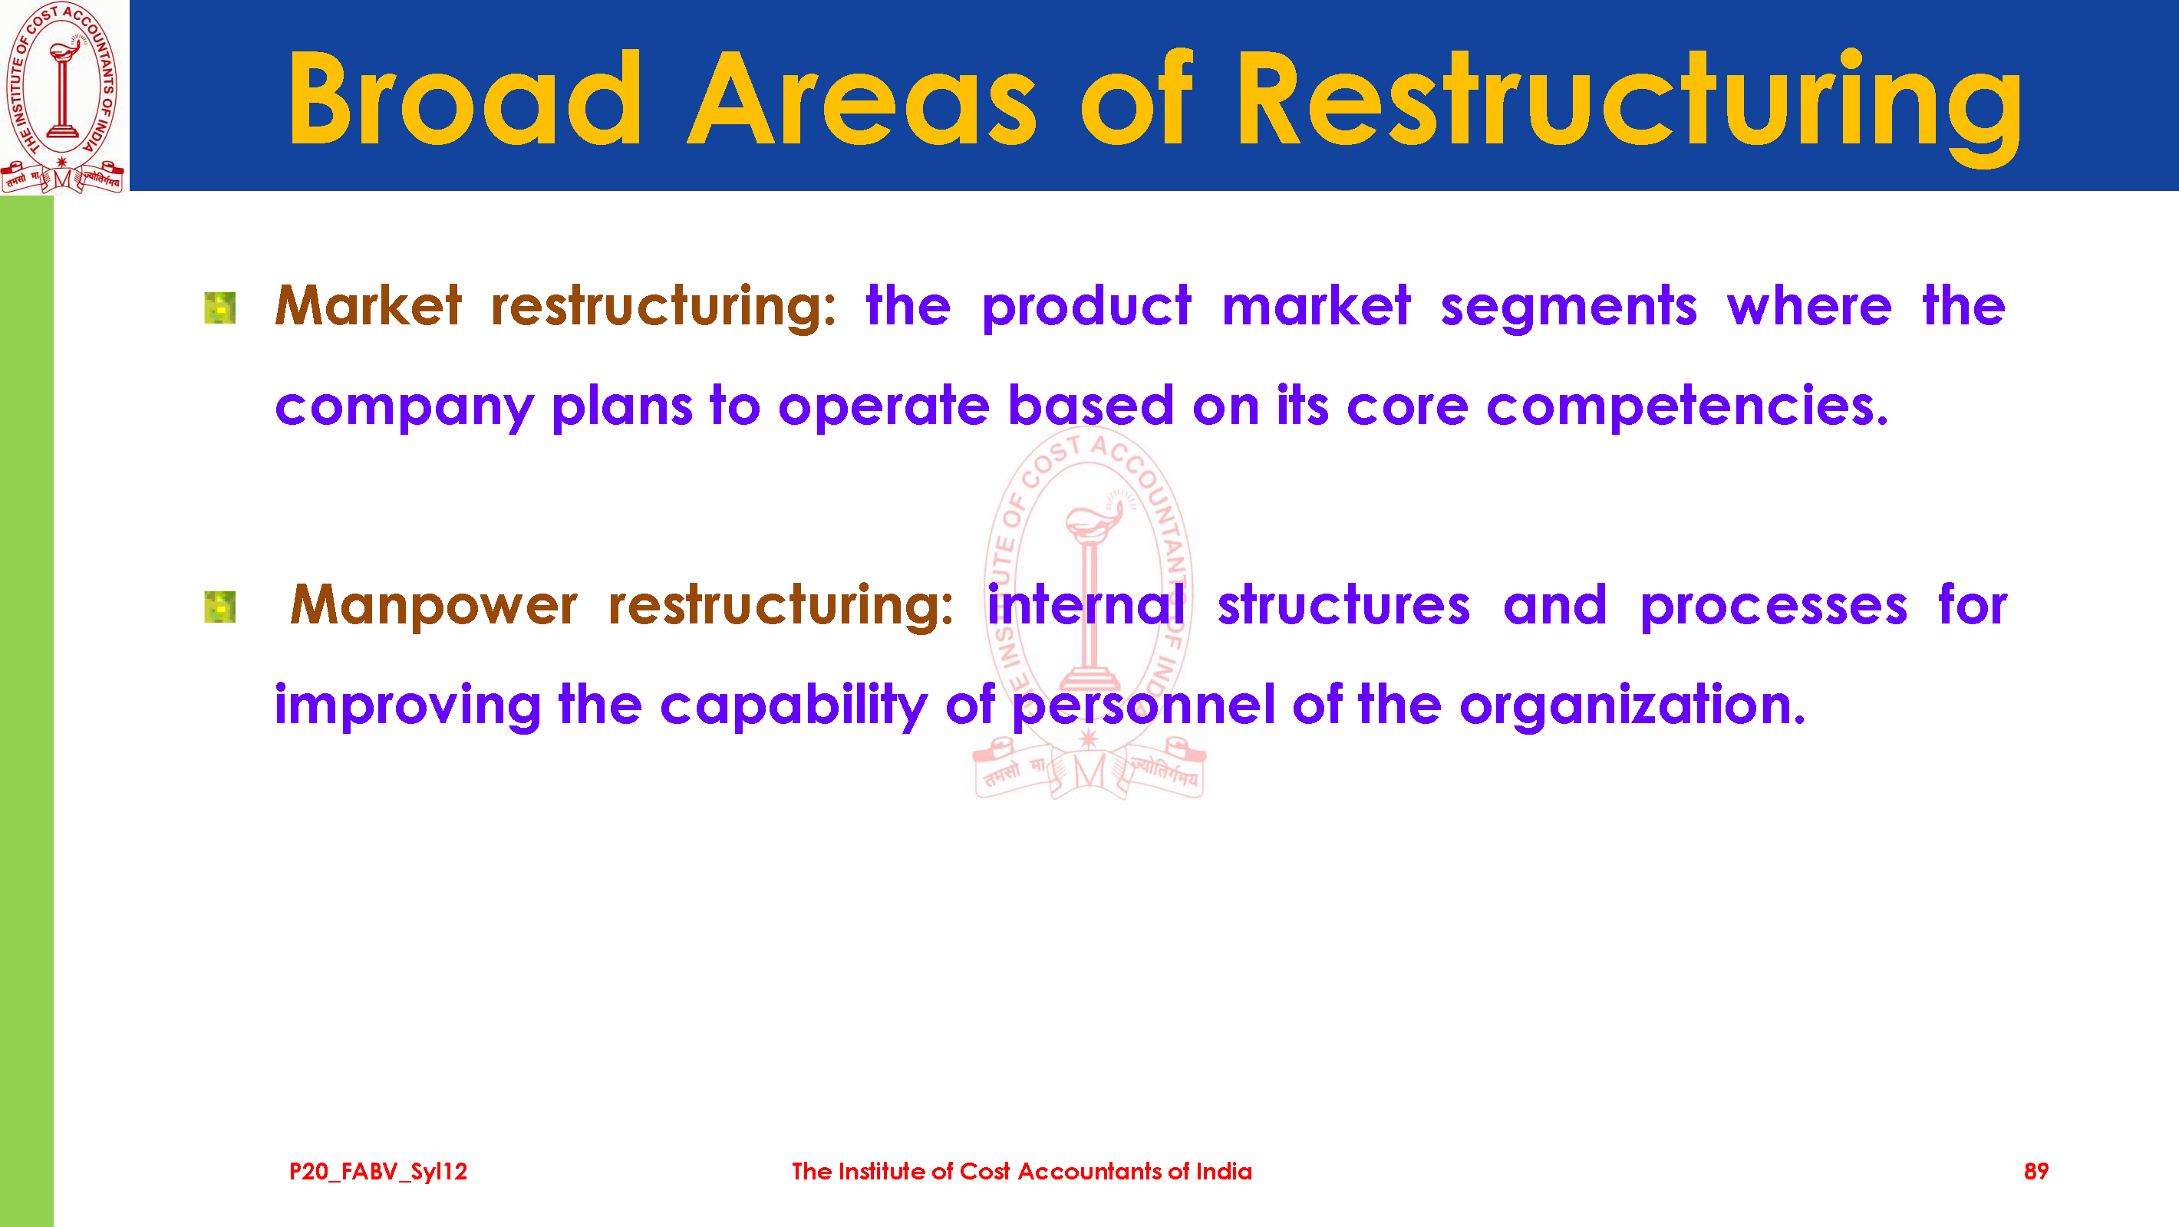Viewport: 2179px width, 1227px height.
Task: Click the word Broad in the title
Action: [x=464, y=99]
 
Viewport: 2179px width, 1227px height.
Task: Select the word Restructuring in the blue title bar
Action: [x=1629, y=105]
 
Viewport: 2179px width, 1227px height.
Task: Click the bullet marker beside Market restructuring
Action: [x=220, y=308]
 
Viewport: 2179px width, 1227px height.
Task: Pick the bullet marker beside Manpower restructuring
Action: [x=220, y=607]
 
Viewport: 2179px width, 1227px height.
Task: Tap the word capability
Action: [x=793, y=706]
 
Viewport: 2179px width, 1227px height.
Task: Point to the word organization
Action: [x=1633, y=706]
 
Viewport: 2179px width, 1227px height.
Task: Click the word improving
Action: [x=407, y=706]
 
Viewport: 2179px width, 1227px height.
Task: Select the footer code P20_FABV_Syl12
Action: [x=378, y=1171]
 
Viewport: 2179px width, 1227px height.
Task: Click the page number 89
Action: [x=2036, y=1171]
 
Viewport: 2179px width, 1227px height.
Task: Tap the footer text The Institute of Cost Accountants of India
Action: [x=1022, y=1171]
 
